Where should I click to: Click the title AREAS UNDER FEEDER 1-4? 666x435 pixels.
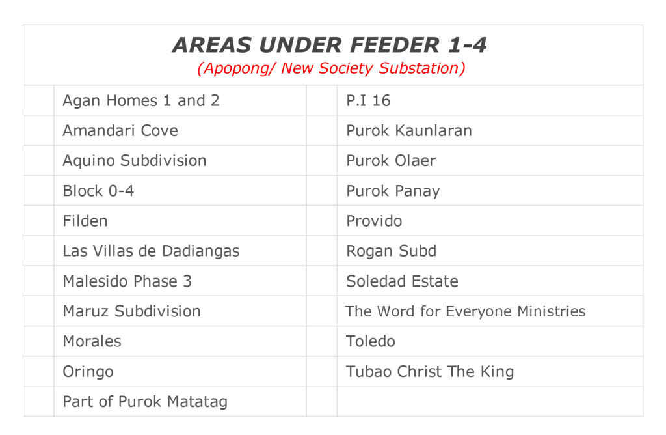click(x=329, y=45)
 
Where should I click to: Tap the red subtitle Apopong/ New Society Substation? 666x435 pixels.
click(x=331, y=68)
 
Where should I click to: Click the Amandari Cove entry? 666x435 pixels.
click(x=120, y=130)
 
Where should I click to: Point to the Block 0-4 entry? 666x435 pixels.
click(x=99, y=191)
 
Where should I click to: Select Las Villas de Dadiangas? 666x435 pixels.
click(x=151, y=251)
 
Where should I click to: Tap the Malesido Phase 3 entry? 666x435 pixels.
click(x=127, y=281)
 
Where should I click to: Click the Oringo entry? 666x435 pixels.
click(x=88, y=372)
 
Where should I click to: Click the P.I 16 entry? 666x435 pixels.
click(x=368, y=101)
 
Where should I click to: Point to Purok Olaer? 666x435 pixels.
click(x=391, y=161)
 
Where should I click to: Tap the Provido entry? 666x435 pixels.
click(x=374, y=221)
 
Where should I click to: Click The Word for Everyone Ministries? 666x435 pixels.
click(x=466, y=311)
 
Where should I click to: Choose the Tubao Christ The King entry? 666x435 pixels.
click(x=430, y=372)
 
